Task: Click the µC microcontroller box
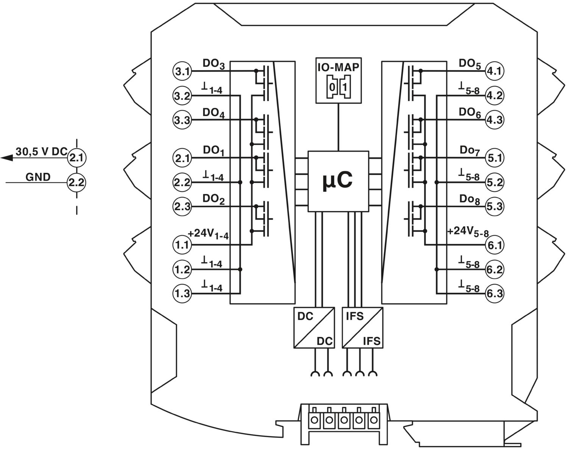coord(338,181)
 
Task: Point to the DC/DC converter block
coord(314,327)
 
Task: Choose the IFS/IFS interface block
coord(362,327)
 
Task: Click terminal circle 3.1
coord(183,71)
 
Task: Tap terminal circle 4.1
coord(494,71)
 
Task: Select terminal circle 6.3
coord(494,294)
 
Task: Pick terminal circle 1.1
coord(182,245)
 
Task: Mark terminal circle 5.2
coord(494,183)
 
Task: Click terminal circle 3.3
coord(183,120)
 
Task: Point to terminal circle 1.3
coord(182,294)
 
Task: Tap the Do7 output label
coord(470,151)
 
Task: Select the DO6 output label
coord(470,112)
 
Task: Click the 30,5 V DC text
coord(41,152)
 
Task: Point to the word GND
coord(38,177)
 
